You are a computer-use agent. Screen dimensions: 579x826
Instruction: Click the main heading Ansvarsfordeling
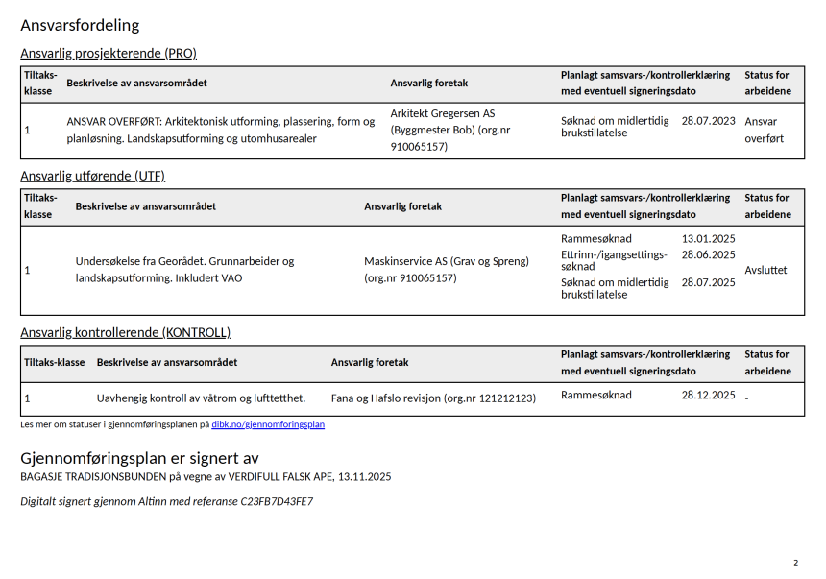(x=80, y=25)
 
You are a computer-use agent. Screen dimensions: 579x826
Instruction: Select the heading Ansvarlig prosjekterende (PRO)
(x=108, y=53)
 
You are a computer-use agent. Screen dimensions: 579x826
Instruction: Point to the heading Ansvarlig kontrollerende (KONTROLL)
(x=125, y=332)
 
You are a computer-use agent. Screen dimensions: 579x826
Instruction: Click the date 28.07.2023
(x=708, y=121)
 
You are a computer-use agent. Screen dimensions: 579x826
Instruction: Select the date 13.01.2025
(x=708, y=238)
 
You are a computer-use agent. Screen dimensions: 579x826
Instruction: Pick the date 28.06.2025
(x=708, y=254)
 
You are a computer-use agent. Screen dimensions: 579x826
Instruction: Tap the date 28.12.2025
(x=708, y=395)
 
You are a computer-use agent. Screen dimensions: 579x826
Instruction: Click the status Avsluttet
(x=765, y=270)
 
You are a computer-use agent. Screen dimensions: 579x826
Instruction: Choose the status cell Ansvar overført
(x=764, y=130)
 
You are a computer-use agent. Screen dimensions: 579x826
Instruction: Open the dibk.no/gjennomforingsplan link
(x=268, y=424)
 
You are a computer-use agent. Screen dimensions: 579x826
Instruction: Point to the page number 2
(x=795, y=563)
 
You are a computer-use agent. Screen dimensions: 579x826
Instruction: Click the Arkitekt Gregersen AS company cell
(x=449, y=130)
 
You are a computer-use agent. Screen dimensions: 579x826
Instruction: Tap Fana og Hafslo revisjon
(x=433, y=398)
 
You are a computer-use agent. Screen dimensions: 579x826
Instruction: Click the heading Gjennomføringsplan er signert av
(x=139, y=458)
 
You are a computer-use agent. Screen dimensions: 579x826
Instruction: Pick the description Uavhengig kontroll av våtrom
(x=201, y=398)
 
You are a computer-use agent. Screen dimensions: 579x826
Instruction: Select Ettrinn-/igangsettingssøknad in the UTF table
(x=613, y=259)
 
